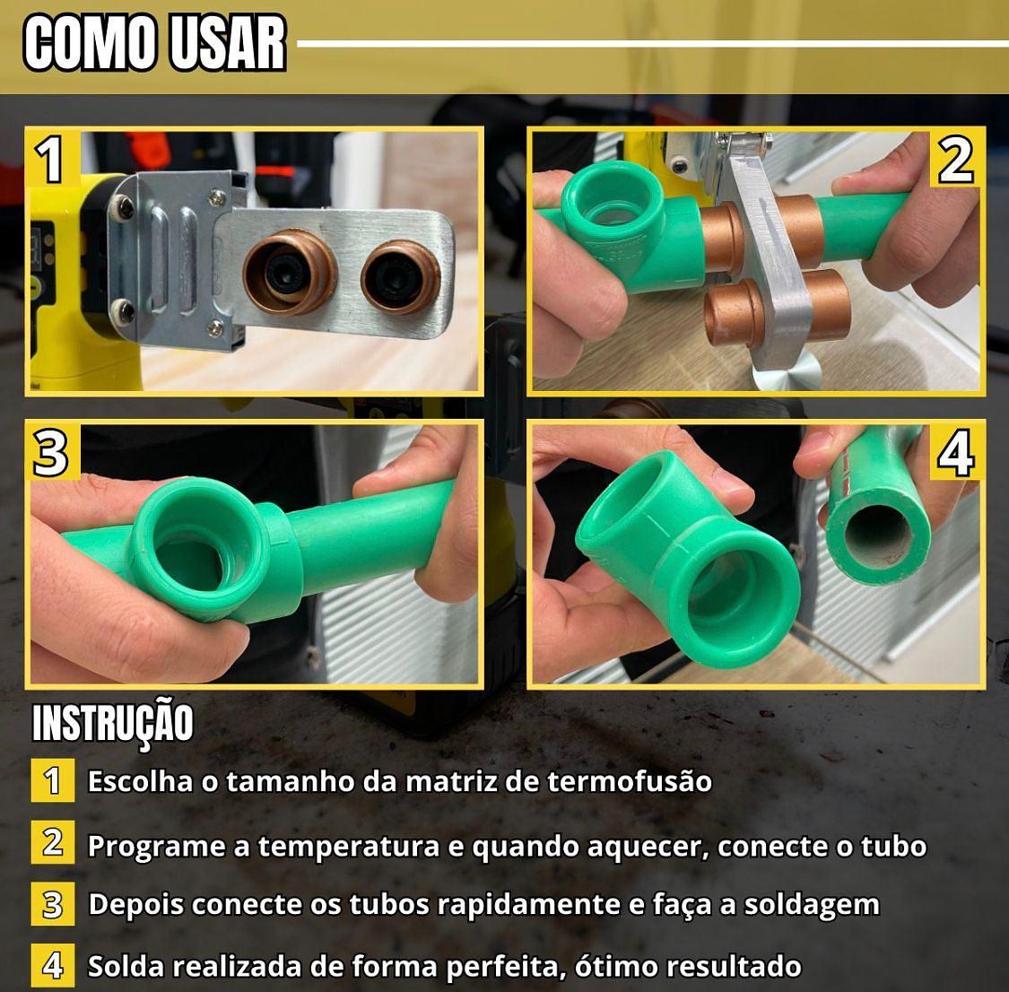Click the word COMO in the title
click(x=90, y=42)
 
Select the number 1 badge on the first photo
click(x=51, y=158)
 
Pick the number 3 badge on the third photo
click(x=51, y=452)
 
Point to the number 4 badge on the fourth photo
click(x=956, y=452)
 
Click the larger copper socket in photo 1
click(x=290, y=273)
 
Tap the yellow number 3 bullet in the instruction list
click(x=53, y=904)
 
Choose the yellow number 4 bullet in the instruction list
click(x=53, y=965)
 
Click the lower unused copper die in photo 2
click(x=778, y=308)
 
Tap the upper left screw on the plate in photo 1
click(x=122, y=207)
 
